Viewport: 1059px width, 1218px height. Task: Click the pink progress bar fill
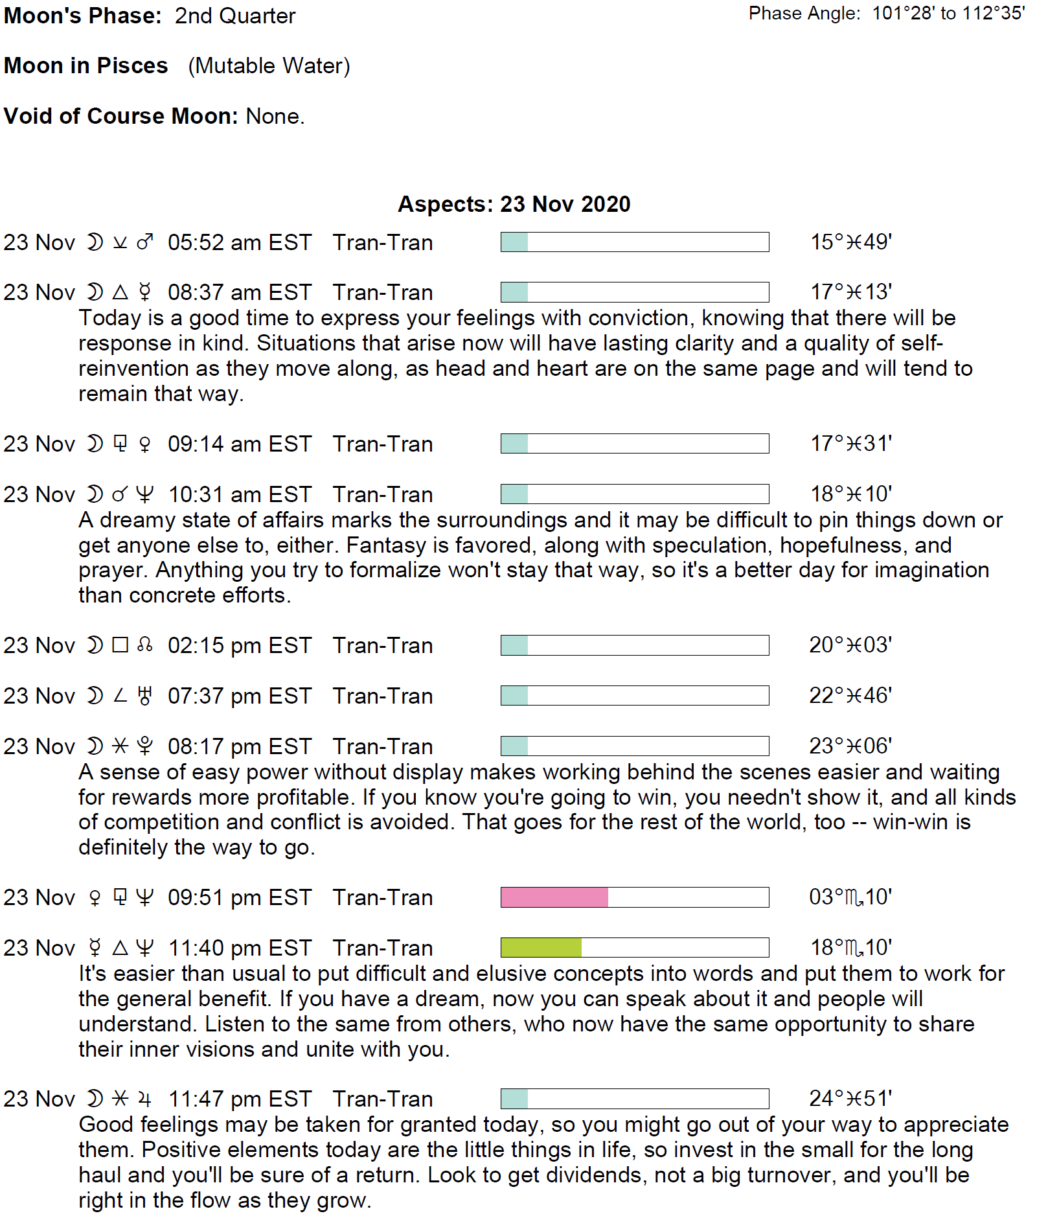[554, 897]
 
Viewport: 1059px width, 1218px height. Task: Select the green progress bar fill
[541, 948]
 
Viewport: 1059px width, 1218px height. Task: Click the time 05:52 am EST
[240, 242]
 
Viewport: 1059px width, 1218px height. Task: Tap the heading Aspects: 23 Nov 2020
[514, 204]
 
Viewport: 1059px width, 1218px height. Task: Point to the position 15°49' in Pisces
[851, 242]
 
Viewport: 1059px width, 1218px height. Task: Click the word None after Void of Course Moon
[275, 116]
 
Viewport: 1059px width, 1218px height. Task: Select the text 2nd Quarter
[235, 16]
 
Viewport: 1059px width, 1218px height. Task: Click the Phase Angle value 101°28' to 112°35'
[948, 13]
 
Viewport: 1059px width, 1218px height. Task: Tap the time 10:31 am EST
[240, 494]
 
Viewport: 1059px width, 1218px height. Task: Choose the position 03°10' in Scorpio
[850, 897]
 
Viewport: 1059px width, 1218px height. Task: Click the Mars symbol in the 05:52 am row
[145, 242]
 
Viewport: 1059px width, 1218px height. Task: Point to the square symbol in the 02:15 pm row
[120, 645]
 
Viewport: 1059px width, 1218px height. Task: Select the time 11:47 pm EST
[240, 1099]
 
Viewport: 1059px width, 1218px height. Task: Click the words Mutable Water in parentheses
[269, 66]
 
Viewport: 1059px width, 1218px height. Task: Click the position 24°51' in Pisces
[850, 1099]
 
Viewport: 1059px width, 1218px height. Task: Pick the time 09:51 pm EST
[240, 897]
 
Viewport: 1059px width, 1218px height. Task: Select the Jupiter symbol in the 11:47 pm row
[145, 1099]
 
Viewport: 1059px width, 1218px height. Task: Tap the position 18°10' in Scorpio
[851, 948]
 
